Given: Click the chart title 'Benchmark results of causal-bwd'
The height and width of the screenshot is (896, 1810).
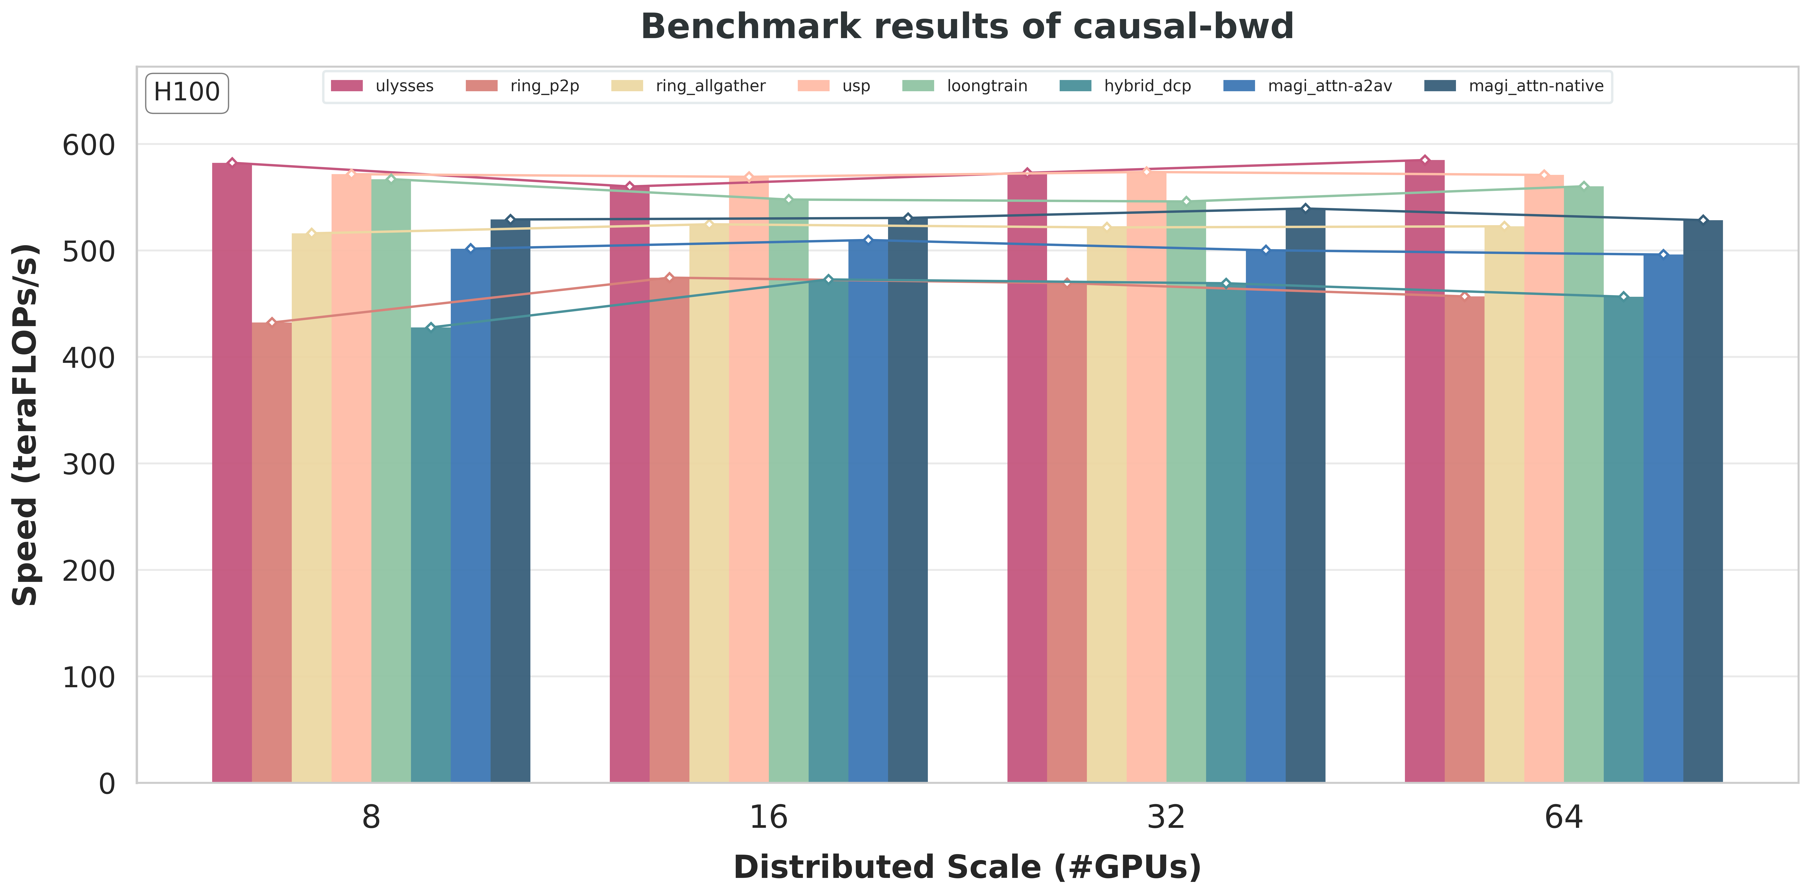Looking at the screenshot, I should click(x=967, y=27).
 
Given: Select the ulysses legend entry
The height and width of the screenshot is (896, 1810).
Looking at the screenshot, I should click(x=383, y=86).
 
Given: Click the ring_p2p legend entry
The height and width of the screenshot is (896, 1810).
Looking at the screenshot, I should click(x=524, y=86).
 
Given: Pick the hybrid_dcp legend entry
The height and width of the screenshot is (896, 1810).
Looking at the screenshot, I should click(x=1126, y=86).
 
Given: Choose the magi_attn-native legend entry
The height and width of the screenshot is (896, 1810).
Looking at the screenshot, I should click(x=1514, y=86).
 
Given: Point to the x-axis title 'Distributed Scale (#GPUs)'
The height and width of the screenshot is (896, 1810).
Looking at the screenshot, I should click(x=967, y=867).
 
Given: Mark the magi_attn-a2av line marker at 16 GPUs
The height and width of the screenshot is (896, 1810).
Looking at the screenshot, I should click(x=868, y=240).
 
